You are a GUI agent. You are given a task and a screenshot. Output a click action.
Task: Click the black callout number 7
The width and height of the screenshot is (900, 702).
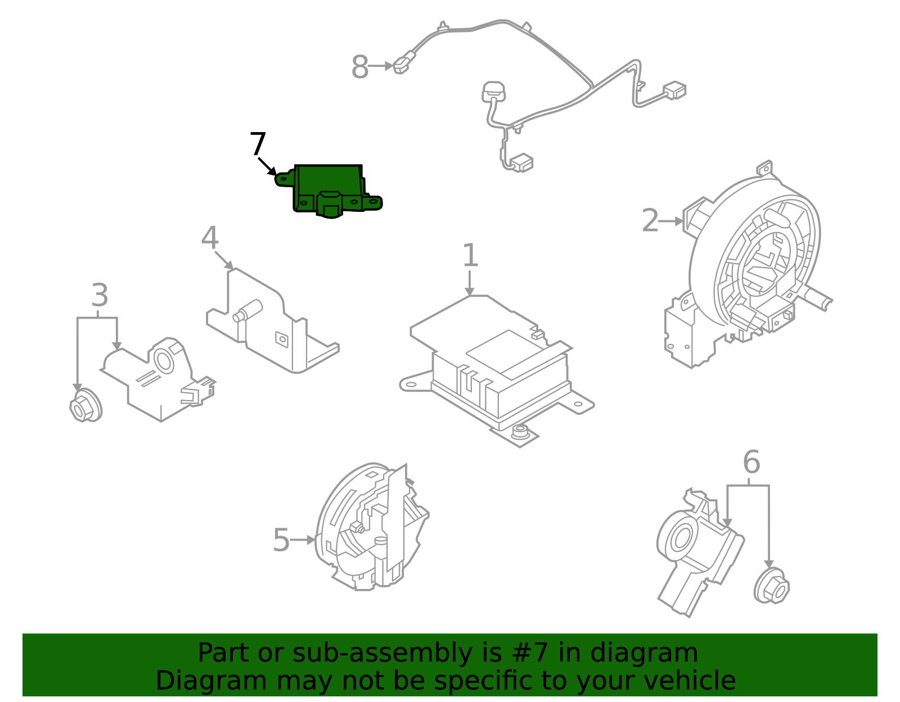click(258, 144)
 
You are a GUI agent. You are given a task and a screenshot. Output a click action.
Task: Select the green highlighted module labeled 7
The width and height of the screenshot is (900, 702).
click(329, 188)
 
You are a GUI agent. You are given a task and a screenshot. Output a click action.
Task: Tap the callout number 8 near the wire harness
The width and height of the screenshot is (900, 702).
click(359, 67)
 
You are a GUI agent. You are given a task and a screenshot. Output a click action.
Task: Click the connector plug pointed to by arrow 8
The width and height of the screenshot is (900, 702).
click(402, 62)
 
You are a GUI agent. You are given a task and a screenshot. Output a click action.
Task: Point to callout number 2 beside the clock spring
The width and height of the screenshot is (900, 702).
click(650, 220)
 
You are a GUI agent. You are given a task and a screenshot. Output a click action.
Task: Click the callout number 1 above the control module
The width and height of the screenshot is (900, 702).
click(470, 256)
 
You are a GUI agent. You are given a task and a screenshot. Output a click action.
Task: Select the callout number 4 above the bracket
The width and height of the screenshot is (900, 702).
click(209, 238)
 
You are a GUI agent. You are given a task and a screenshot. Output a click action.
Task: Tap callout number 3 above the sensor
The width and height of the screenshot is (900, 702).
click(100, 295)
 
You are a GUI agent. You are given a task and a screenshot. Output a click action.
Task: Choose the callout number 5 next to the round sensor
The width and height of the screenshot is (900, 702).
click(281, 540)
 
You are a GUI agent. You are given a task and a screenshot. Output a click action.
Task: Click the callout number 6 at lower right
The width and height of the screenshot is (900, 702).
click(751, 463)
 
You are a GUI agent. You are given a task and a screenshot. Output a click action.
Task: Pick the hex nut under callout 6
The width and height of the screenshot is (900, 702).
click(771, 587)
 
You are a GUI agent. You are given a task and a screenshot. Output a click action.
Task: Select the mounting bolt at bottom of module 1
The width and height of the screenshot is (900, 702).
click(520, 432)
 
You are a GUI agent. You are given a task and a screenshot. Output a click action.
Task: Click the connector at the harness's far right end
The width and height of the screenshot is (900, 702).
click(674, 90)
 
